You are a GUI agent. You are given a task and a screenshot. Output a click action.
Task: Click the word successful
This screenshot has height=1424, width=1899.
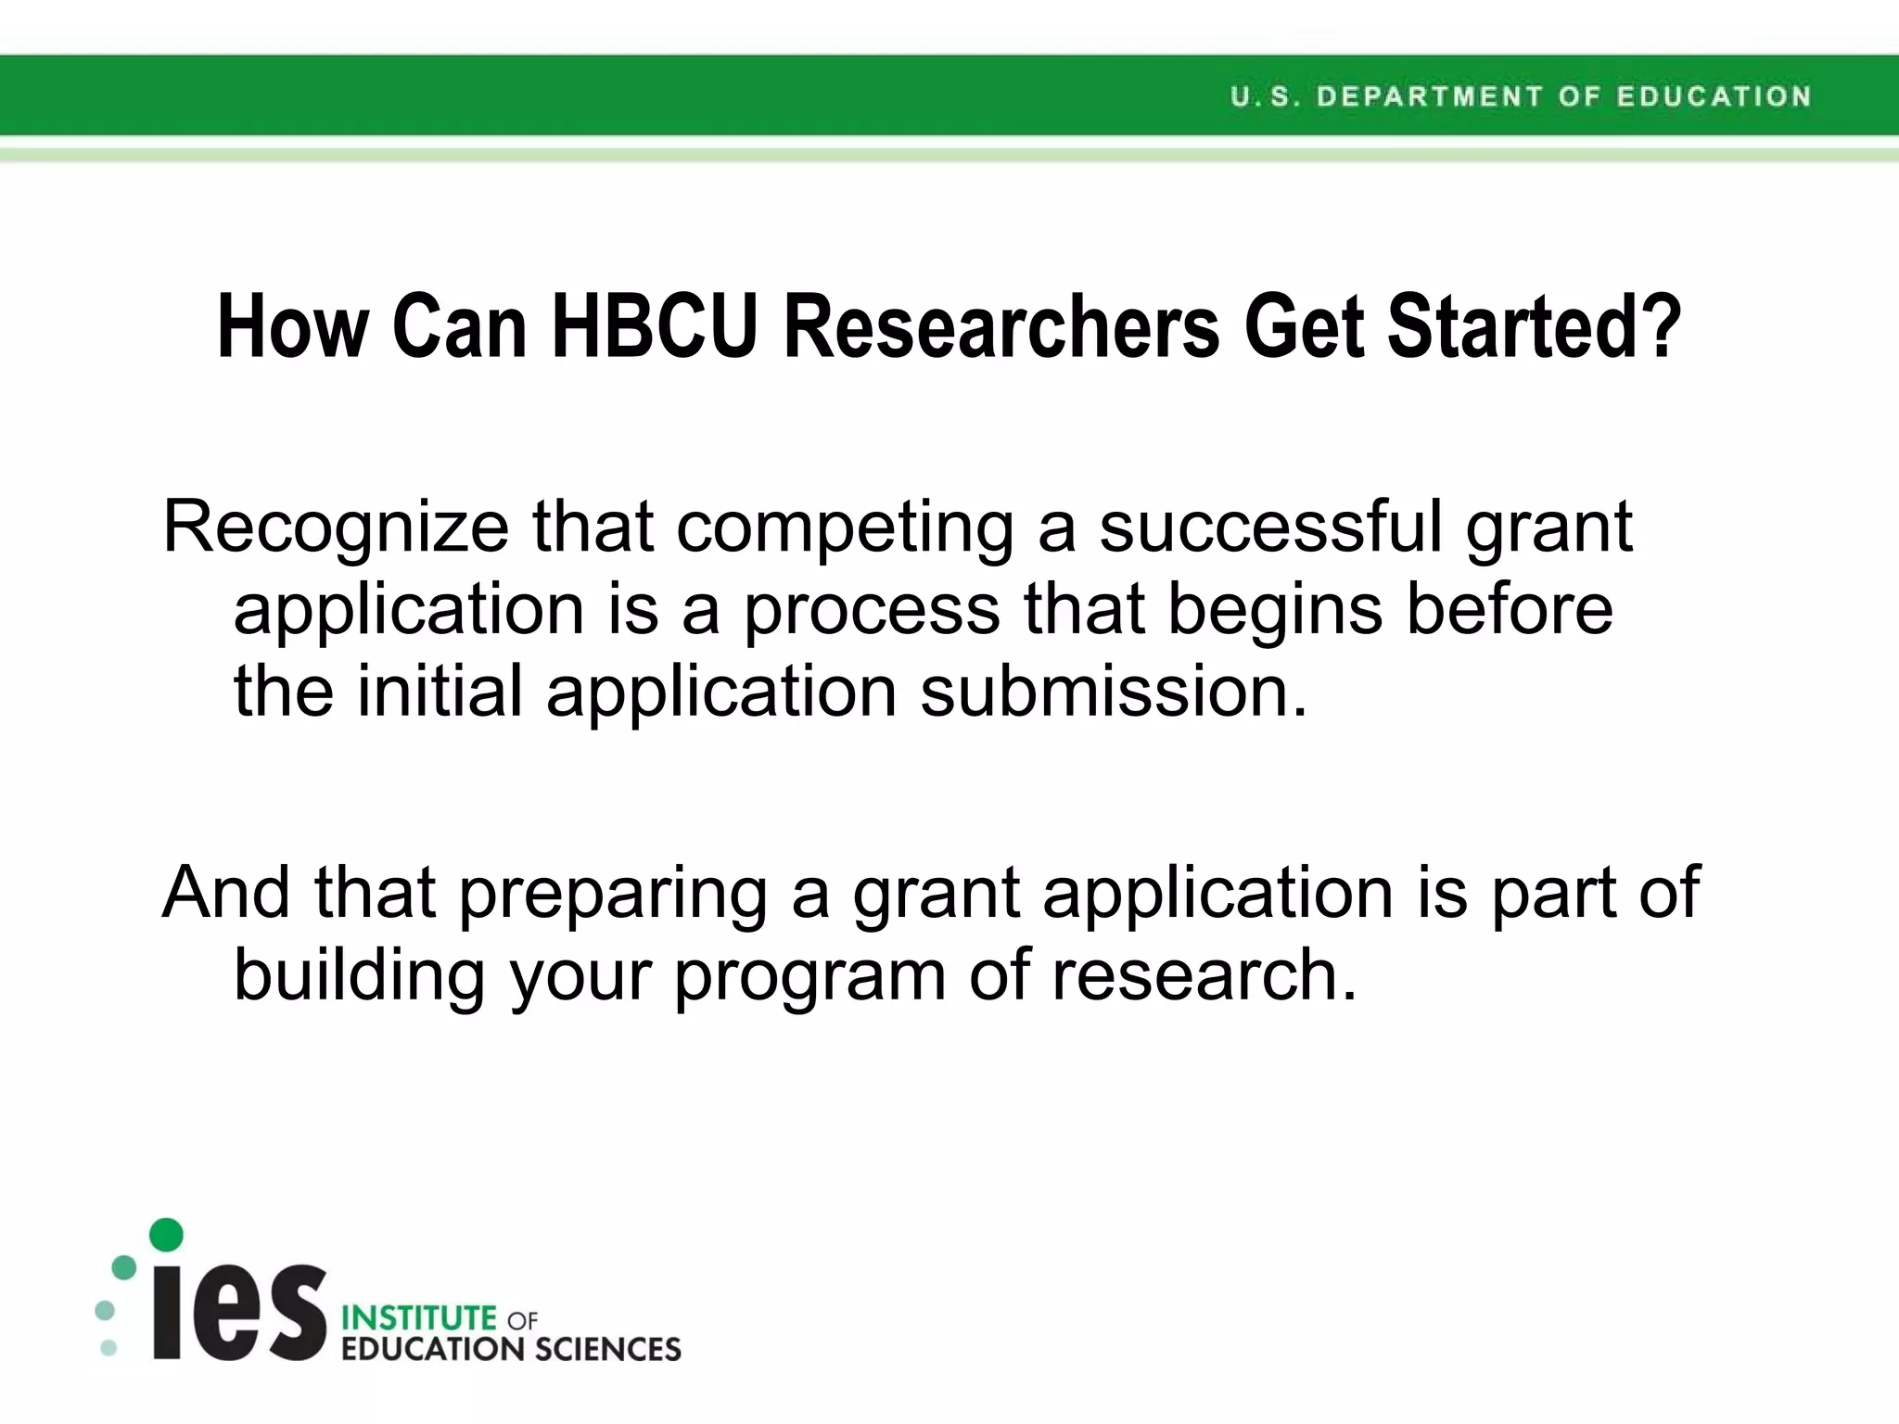(1270, 527)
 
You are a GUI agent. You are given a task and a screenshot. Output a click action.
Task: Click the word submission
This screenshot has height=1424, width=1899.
(1113, 692)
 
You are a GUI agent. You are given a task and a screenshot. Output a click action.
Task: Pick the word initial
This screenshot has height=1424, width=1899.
(440, 692)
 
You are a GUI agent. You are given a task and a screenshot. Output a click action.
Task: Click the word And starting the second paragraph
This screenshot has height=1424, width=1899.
(226, 892)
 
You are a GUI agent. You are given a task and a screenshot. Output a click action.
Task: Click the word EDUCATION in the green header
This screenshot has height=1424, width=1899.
(1714, 96)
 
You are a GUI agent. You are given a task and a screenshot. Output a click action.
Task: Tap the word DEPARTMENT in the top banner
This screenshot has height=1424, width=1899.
(1428, 96)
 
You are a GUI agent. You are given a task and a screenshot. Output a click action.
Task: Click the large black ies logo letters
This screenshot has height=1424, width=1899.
(239, 1311)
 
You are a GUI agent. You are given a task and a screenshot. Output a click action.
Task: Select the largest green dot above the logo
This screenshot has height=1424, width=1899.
(166, 1235)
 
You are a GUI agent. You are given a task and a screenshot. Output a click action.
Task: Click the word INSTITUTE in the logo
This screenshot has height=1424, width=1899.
(419, 1317)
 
